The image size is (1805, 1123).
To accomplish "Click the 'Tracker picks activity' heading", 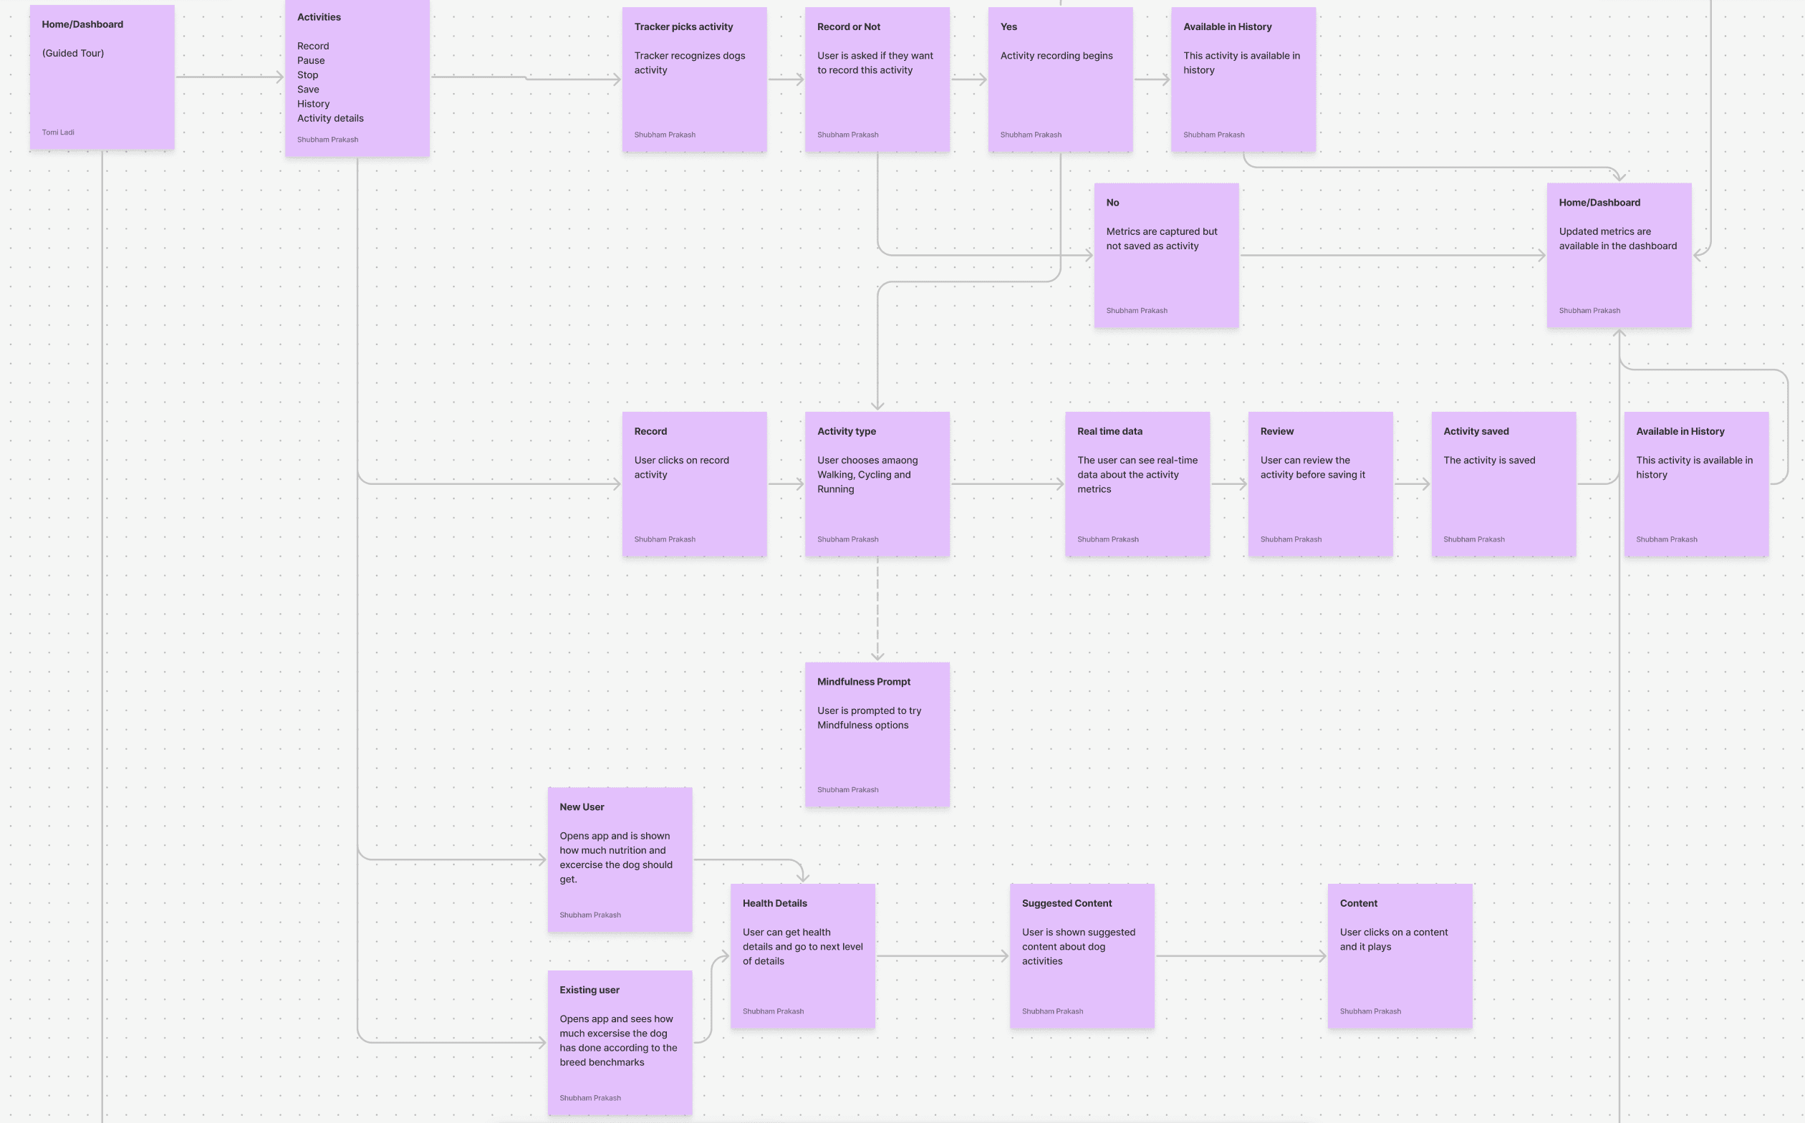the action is coord(683,26).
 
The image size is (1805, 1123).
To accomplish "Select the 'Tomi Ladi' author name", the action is coord(58,132).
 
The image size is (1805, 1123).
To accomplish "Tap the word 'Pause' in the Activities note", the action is coord(310,60).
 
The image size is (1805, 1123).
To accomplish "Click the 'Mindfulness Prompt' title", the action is coord(863,682).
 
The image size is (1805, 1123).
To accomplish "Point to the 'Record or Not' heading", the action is coord(848,26).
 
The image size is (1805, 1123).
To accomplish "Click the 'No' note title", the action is coord(1112,203).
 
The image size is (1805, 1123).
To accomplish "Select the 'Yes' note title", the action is coord(1008,26).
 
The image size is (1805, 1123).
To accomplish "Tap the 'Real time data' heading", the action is coord(1110,432).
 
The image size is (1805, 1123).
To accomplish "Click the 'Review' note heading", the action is coord(1276,432).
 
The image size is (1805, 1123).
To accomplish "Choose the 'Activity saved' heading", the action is coord(1476,432).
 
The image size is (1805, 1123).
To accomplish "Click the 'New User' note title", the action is coord(582,807).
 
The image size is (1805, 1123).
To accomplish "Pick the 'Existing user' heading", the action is coord(589,990).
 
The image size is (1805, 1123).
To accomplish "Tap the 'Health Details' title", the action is coord(774,904).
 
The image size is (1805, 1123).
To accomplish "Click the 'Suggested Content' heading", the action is coord(1066,904).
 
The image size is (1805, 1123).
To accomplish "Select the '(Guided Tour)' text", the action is coord(73,54).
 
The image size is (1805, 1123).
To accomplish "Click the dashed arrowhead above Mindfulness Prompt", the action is coord(877,656).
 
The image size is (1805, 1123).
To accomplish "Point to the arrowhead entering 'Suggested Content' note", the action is coord(1004,957).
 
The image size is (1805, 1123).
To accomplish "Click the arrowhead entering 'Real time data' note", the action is coord(1060,484).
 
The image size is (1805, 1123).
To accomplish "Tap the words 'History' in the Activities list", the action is coord(313,104).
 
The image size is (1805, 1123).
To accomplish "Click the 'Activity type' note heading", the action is coord(846,432).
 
